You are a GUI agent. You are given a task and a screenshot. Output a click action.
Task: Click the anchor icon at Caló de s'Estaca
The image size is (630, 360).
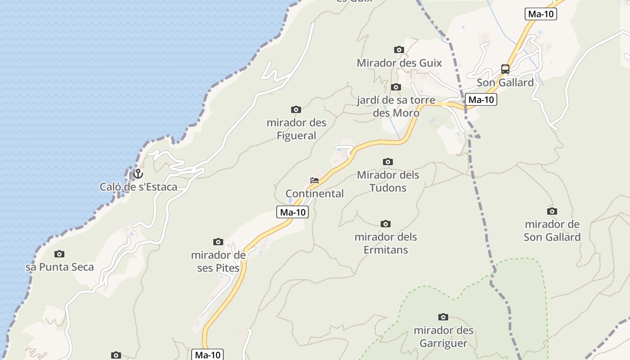coord(138,174)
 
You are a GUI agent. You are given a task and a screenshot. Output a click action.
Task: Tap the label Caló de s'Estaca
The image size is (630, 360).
coord(139,187)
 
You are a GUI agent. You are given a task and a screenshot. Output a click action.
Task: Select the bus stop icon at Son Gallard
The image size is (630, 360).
coord(505,69)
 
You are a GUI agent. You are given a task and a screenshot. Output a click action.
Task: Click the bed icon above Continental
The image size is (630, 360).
coord(315,180)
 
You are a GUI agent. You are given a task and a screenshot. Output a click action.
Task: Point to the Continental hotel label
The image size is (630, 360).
coord(315,193)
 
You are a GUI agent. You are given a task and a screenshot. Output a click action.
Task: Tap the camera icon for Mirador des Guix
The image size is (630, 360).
coord(399,49)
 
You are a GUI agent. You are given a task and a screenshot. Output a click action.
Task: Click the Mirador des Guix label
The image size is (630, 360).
coord(399,63)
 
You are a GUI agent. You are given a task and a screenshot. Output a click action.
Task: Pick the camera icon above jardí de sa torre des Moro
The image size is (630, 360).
coord(396,87)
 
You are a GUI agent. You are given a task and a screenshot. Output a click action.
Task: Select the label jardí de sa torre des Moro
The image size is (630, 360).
coord(396,106)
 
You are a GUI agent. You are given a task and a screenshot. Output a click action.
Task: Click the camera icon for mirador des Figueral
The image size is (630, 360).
coord(296,109)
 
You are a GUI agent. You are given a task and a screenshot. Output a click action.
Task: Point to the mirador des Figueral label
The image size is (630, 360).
coord(296,129)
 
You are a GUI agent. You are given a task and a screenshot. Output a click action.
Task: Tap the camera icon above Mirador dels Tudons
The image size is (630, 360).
coord(388,162)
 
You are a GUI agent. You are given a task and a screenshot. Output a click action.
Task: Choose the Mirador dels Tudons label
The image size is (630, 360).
coord(388,181)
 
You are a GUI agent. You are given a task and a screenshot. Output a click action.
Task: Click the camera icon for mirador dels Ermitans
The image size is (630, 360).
coord(386,224)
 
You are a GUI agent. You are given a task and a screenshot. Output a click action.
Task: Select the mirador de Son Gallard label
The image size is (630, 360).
coord(552,230)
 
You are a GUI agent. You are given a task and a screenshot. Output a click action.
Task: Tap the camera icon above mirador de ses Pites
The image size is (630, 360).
coord(218,242)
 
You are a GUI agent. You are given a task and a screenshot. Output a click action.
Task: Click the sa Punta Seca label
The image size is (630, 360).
coord(60,267)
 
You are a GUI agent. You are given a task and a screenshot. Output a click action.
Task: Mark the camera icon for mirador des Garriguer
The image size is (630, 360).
coord(443,317)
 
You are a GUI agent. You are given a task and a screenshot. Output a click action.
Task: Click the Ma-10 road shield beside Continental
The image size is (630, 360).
coord(292,212)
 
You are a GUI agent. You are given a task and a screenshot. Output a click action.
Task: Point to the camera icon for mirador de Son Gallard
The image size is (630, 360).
coord(552,211)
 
